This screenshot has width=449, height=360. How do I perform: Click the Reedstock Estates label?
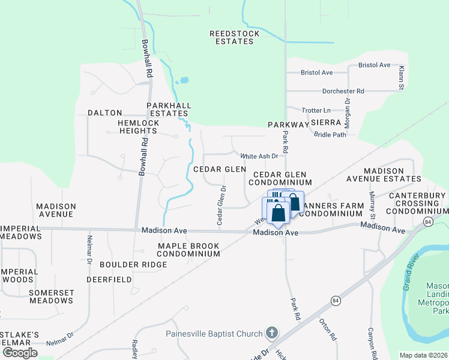pos(234,38)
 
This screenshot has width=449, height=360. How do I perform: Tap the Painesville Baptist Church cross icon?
pos(272,333)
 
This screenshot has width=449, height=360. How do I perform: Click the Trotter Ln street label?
pos(316,110)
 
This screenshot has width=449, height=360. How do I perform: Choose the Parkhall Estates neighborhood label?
pos(169,109)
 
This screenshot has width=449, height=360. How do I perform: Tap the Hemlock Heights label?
pos(139,127)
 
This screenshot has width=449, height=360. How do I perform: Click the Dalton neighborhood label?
pos(104,113)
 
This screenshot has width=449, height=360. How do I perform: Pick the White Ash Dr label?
pos(259,156)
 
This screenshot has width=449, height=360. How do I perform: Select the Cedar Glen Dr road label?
pos(221,205)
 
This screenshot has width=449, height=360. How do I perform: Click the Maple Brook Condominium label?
pos(188,250)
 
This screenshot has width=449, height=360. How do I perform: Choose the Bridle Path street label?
pos(330,134)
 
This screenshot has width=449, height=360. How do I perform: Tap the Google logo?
pos(20,353)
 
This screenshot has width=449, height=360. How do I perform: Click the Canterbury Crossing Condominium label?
pos(417,203)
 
